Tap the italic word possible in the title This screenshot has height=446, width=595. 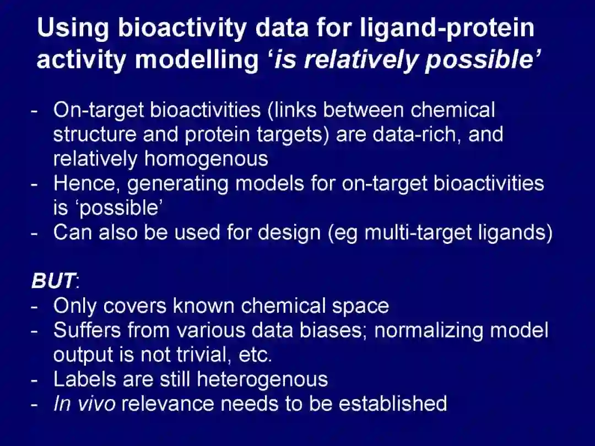pyautogui.click(x=479, y=61)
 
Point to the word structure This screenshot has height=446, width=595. pyautogui.click(x=95, y=135)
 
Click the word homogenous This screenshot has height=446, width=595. pyautogui.click(x=206, y=159)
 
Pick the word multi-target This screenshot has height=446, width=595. pyautogui.click(x=418, y=232)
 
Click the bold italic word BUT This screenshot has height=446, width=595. pyautogui.click(x=53, y=281)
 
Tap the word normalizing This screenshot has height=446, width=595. pyautogui.click(x=429, y=331)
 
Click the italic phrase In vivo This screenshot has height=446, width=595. pyautogui.click(x=84, y=403)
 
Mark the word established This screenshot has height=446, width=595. pyautogui.click(x=393, y=403)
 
